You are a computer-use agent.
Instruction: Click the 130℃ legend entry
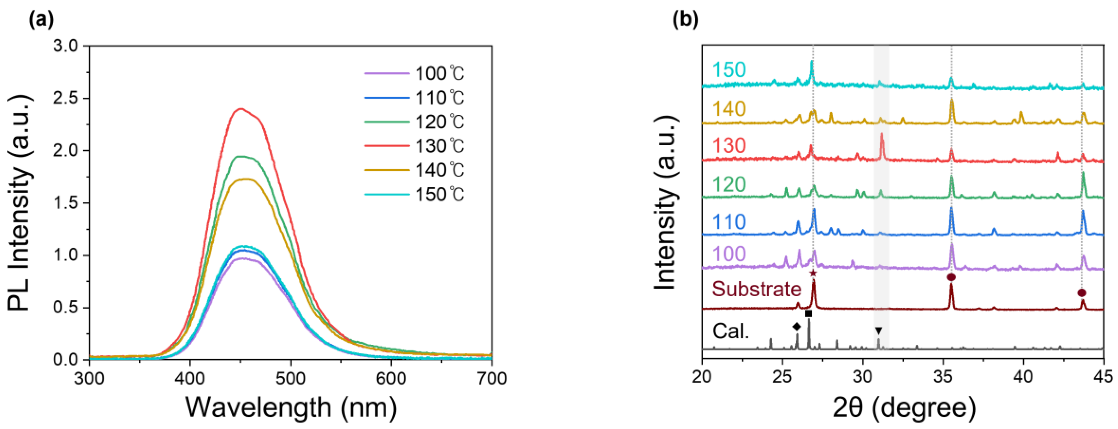[414, 146]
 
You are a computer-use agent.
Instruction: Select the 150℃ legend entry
[414, 194]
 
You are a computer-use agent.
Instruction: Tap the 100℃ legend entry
[414, 74]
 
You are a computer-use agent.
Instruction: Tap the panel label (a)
[42, 21]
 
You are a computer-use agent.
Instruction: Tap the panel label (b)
[685, 21]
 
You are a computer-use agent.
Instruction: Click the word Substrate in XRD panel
[757, 289]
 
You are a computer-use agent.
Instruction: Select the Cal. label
[731, 331]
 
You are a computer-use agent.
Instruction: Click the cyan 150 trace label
[729, 69]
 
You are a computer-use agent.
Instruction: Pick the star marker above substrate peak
[813, 273]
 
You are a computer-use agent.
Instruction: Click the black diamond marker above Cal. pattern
[796, 327]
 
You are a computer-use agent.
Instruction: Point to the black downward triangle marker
[878, 330]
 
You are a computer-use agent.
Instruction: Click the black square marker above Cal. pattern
[808, 313]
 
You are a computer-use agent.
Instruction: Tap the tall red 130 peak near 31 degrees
[882, 136]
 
